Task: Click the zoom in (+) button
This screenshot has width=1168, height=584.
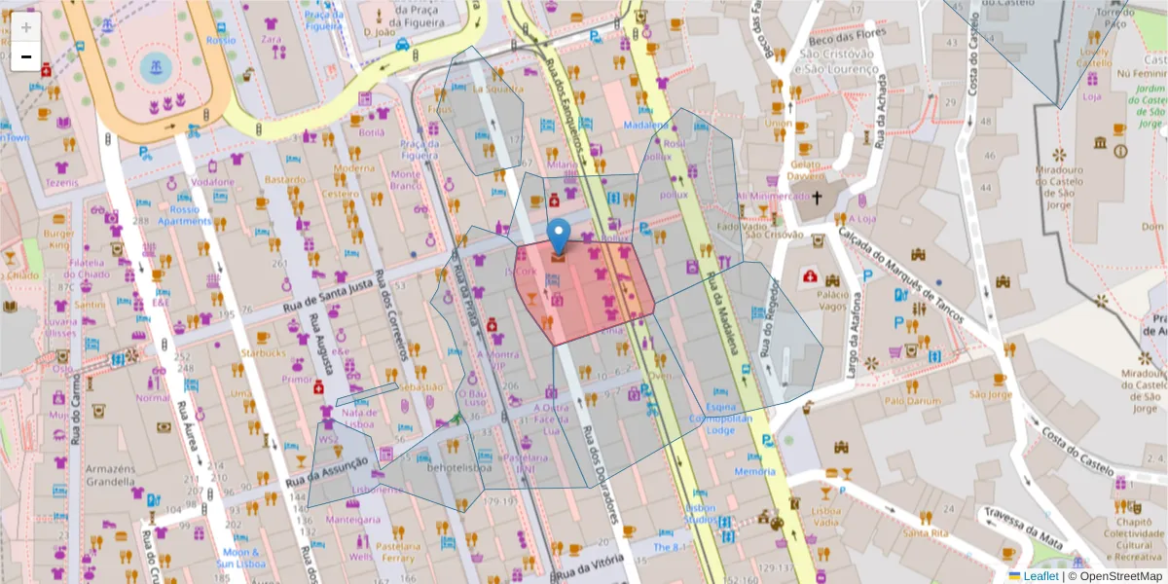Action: tap(25, 27)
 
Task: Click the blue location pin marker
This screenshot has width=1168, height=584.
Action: tap(559, 237)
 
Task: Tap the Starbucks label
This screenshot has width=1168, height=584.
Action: tap(264, 352)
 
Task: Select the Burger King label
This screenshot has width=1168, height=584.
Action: tap(57, 238)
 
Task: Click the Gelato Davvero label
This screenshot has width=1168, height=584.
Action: tap(806, 170)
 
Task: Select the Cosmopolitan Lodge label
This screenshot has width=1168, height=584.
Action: tap(720, 423)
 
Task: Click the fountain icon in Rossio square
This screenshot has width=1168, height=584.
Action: tap(153, 66)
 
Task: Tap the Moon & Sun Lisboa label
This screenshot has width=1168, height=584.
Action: tap(238, 558)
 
